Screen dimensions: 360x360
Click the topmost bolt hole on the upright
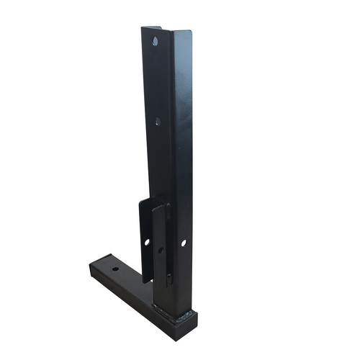(x=155, y=42)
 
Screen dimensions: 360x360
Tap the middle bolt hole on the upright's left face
(x=158, y=121)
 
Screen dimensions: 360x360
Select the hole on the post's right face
(x=184, y=243)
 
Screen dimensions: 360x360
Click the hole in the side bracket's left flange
(x=147, y=242)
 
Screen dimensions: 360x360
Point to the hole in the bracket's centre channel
(x=161, y=251)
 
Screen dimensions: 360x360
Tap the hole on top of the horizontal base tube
(x=114, y=269)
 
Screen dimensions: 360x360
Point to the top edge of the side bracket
(x=151, y=202)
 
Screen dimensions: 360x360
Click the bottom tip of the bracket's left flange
(x=145, y=282)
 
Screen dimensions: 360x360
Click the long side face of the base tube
(x=130, y=295)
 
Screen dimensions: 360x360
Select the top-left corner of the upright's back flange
(x=143, y=29)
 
